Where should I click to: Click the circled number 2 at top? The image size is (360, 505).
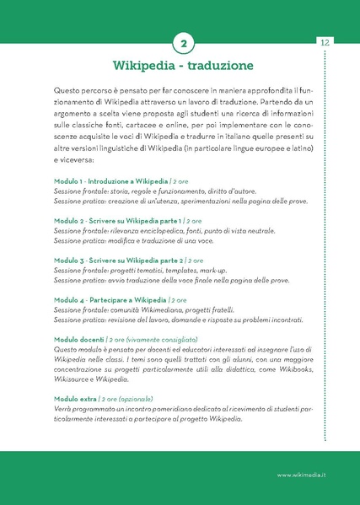click(x=184, y=42)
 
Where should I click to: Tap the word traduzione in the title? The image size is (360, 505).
click(x=218, y=65)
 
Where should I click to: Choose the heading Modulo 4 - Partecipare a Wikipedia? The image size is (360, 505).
click(x=110, y=300)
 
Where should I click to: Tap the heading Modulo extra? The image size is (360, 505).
click(x=75, y=399)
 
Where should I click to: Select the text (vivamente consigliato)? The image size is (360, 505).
click(x=156, y=340)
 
